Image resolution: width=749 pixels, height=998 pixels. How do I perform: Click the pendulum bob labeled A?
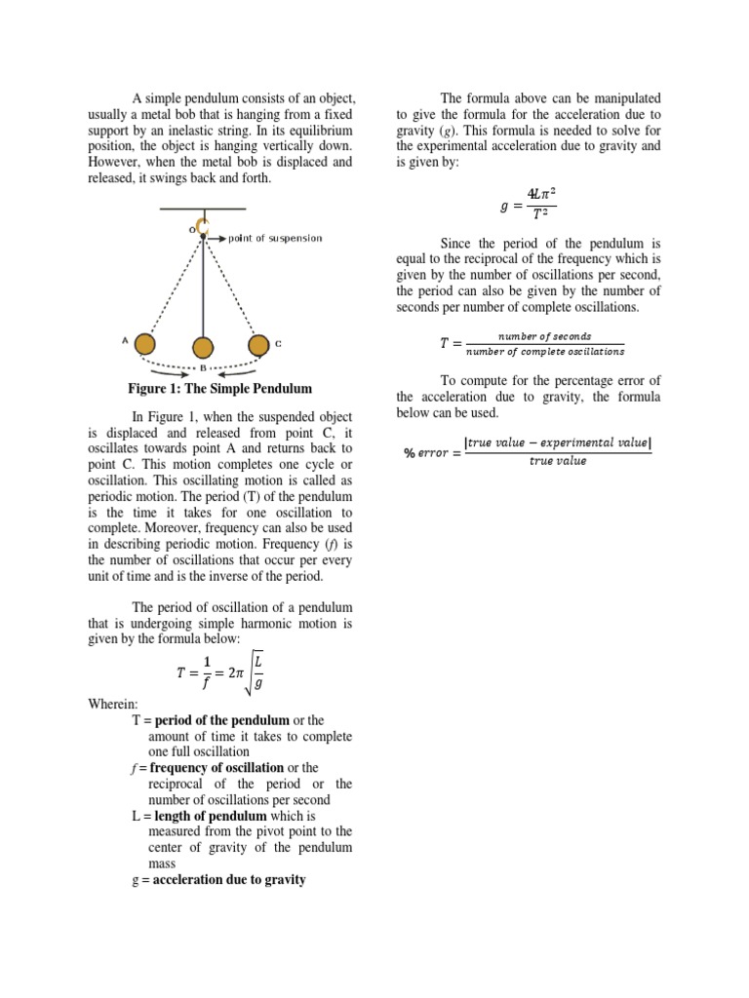144,344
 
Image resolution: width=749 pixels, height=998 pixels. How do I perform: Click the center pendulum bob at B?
203,348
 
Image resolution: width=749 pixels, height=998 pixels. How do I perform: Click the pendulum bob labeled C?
258,344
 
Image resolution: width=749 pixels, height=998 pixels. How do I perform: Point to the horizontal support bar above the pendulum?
203,209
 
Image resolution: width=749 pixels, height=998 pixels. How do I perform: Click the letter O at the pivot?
192,230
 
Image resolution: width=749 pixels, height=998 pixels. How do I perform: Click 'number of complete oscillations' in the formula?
546,352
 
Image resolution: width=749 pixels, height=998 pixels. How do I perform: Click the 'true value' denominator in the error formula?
558,461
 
